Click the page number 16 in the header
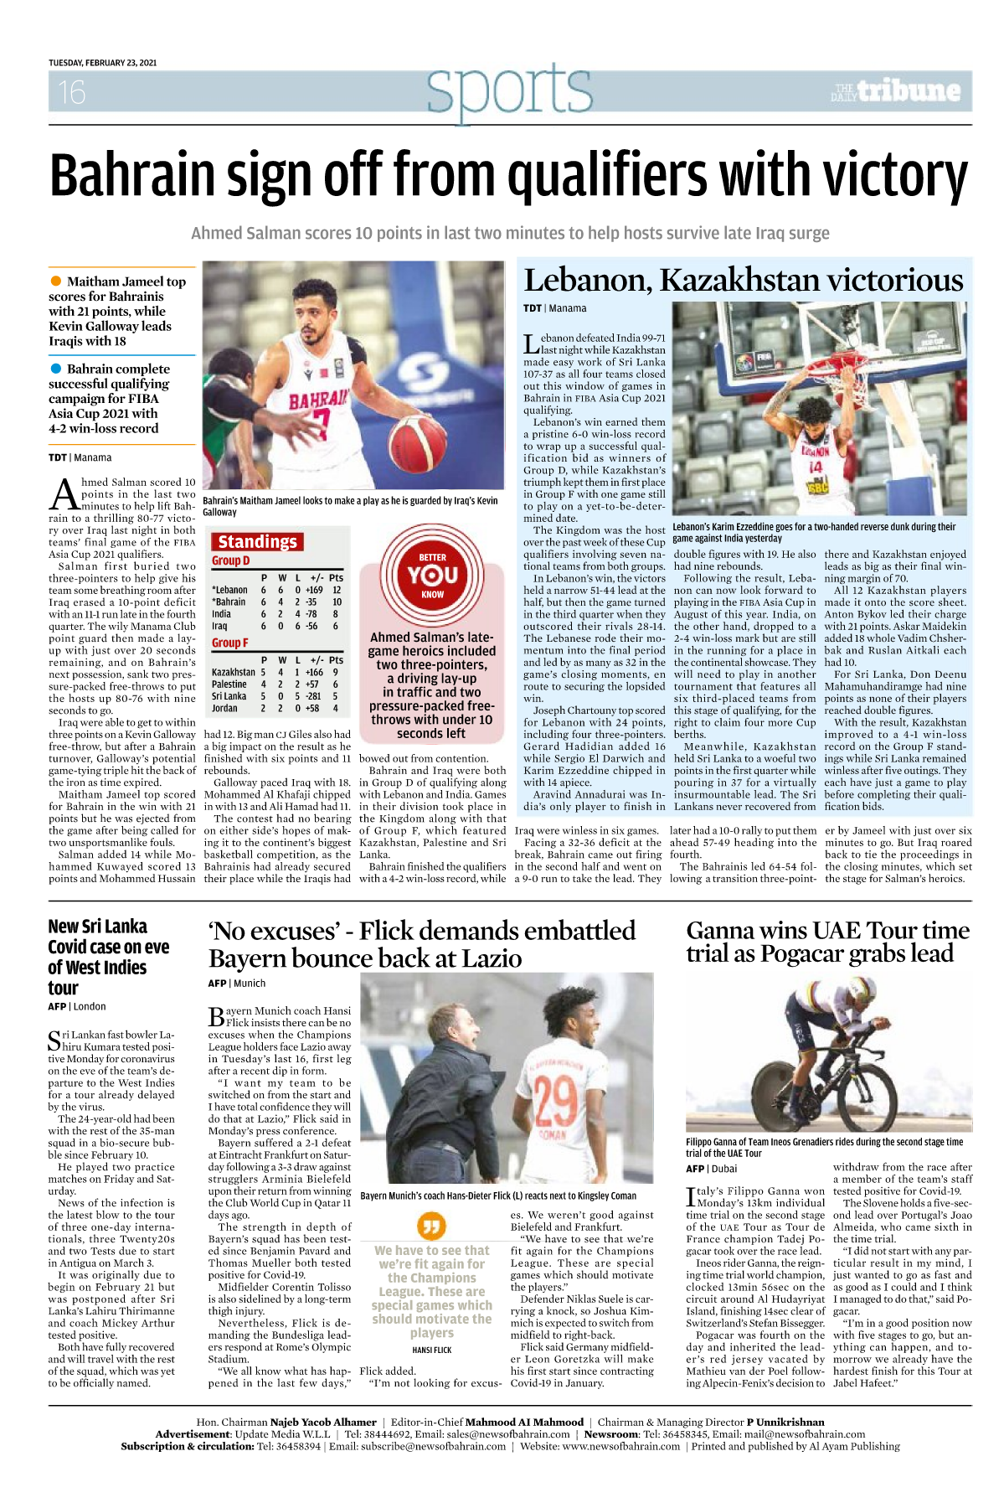72,91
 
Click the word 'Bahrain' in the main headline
132,175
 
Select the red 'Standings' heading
257,541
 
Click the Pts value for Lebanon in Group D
337,590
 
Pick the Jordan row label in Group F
224,708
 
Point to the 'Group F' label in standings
230,643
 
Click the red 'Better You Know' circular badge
432,575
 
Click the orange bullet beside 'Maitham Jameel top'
56,281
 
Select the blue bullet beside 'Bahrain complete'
56,369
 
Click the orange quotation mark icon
431,1226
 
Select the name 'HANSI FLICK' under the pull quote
431,1350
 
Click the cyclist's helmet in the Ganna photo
828,996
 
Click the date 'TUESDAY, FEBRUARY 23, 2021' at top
102,63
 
